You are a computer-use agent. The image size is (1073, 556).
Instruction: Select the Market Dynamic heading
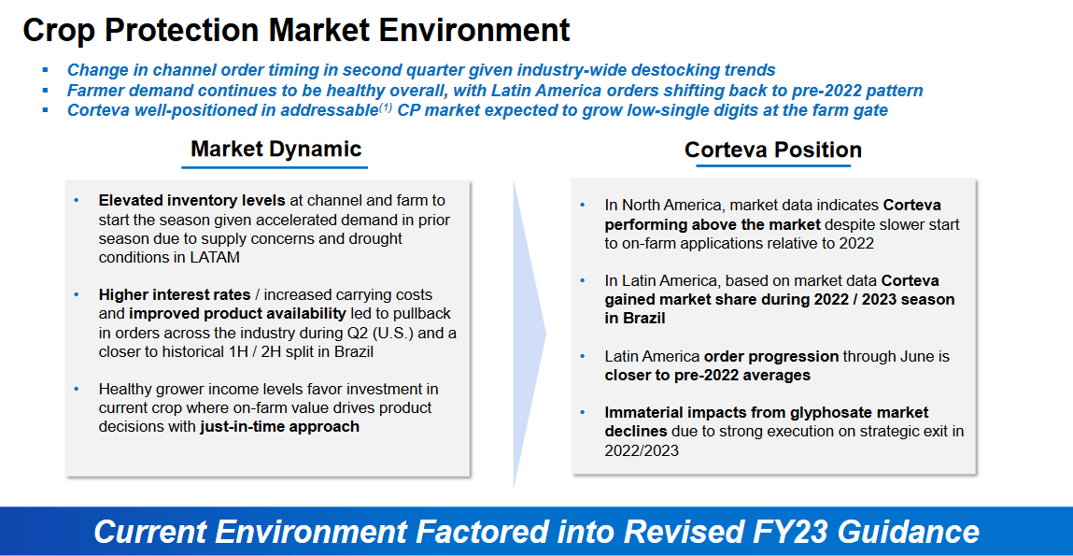pyautogui.click(x=275, y=149)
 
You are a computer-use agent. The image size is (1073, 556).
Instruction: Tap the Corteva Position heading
pyautogui.click(x=772, y=150)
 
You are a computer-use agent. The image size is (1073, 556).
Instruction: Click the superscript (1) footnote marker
pyautogui.click(x=384, y=107)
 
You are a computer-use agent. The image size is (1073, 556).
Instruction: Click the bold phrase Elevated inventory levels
pyautogui.click(x=193, y=200)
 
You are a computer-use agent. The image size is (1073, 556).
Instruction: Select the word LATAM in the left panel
pyautogui.click(x=217, y=257)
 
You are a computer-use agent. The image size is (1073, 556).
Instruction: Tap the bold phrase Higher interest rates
pyautogui.click(x=175, y=295)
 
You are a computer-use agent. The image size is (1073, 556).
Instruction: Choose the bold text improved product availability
pyautogui.click(x=237, y=314)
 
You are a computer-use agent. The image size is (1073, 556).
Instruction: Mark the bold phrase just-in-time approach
pyautogui.click(x=279, y=427)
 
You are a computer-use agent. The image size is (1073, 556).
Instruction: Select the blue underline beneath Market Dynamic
pyautogui.click(x=275, y=168)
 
